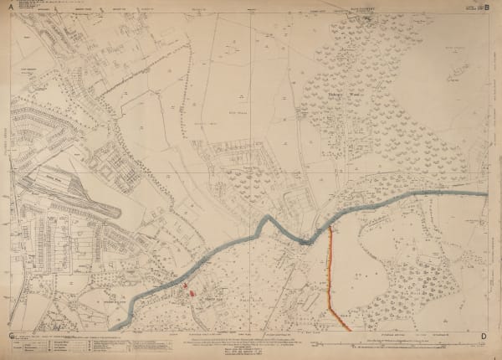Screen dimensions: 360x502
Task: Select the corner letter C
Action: pos(10,336)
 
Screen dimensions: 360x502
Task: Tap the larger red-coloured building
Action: pos(193,294)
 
